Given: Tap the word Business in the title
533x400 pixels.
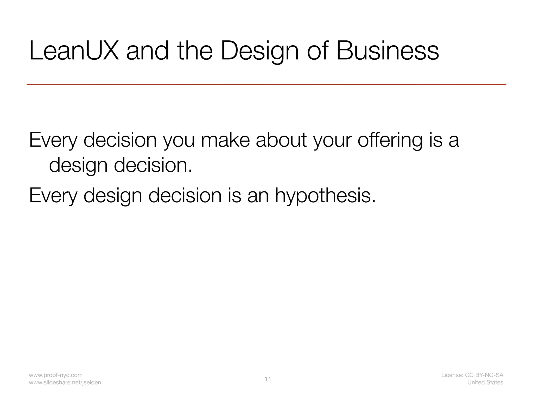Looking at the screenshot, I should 388,51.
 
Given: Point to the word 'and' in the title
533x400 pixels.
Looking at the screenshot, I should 147,51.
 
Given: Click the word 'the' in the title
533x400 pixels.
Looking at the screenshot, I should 195,51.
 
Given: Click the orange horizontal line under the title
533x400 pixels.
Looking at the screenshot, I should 266,85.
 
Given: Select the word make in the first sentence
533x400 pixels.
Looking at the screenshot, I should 225,140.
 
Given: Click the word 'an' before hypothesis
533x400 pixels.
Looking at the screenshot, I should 258,196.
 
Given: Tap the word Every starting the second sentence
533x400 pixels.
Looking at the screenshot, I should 53,196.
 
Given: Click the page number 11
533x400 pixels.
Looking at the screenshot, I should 268,379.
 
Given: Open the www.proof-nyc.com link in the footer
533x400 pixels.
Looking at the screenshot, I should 56,375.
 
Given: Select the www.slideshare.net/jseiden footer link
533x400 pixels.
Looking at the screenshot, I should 65,383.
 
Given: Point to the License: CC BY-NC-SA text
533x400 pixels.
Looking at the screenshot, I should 472,375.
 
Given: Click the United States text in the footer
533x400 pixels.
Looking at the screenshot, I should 485,383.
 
